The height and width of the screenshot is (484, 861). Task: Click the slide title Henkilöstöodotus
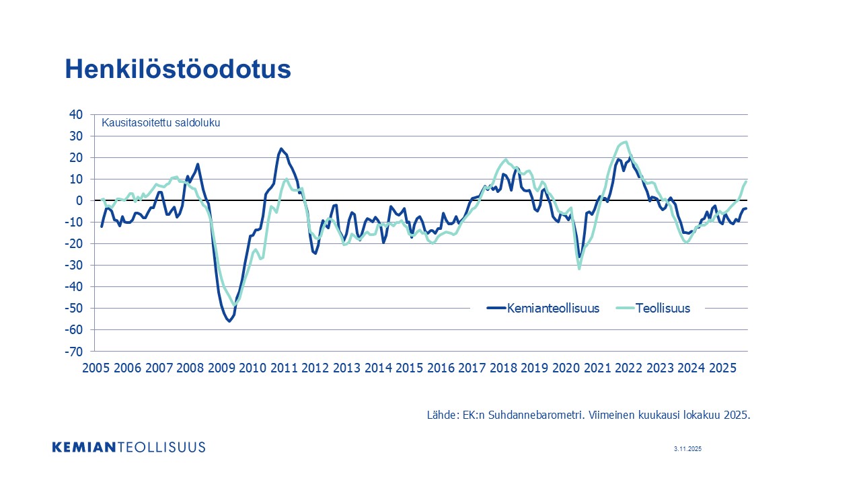(x=178, y=69)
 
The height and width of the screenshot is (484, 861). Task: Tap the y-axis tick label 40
(x=75, y=115)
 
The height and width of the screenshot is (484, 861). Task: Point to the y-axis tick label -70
(x=73, y=352)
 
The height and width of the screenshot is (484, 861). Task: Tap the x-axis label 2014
(x=378, y=368)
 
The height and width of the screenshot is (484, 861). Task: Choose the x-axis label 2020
(x=566, y=368)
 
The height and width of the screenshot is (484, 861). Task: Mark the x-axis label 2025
(x=722, y=368)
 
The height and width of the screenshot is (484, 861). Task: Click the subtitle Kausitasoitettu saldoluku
(x=161, y=122)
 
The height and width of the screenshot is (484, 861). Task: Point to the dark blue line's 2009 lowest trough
(x=229, y=321)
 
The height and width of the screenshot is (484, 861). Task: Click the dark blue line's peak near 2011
(x=280, y=149)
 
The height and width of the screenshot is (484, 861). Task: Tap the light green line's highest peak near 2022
(x=626, y=142)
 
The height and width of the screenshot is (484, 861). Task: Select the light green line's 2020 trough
(x=579, y=269)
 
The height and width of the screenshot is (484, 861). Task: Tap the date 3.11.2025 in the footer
(x=687, y=449)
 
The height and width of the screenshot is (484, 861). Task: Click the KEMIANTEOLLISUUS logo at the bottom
(x=128, y=447)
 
